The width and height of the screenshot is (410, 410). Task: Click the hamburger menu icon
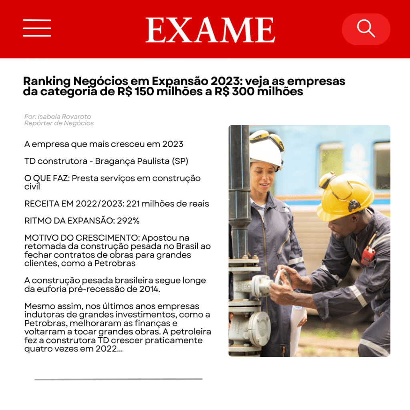point(37,28)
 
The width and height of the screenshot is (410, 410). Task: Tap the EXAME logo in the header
point(210,30)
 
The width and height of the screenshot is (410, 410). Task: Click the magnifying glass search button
point(366,29)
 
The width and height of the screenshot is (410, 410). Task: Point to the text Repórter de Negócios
point(59,123)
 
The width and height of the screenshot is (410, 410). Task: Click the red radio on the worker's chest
point(368,255)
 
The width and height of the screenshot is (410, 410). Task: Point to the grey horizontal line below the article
point(118,379)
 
